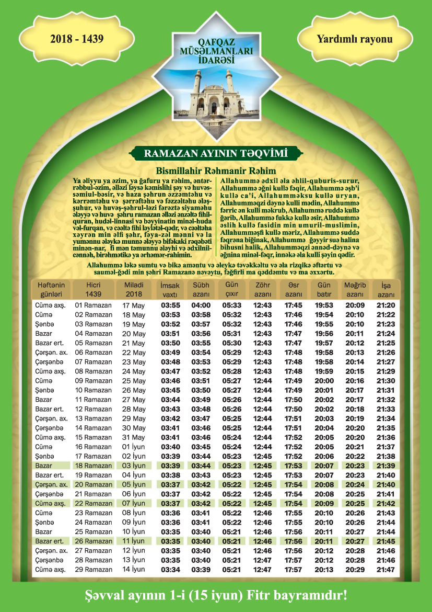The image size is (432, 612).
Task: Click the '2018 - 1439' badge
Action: pyautogui.click(x=77, y=39)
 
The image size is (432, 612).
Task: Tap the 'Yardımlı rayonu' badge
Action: pyautogui.click(x=354, y=39)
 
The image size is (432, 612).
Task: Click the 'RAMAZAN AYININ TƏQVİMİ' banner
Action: pyautogui.click(x=216, y=153)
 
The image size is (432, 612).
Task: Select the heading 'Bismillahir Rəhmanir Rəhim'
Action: pyautogui.click(x=216, y=171)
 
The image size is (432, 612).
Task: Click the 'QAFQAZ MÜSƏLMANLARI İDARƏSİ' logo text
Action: pyautogui.click(x=216, y=53)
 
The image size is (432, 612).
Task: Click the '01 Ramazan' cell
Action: pyautogui.click(x=94, y=305)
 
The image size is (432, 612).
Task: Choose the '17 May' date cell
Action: pyautogui.click(x=134, y=305)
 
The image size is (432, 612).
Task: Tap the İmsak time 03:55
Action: pyautogui.click(x=170, y=305)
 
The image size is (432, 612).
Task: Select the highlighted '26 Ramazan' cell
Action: pyautogui.click(x=94, y=541)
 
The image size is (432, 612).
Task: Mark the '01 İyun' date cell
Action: pyautogui.click(x=134, y=447)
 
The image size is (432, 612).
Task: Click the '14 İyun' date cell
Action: pyautogui.click(x=134, y=569)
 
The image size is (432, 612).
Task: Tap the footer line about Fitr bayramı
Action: pyautogui.click(x=216, y=595)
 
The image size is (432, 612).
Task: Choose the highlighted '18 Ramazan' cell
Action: pyautogui.click(x=94, y=466)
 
